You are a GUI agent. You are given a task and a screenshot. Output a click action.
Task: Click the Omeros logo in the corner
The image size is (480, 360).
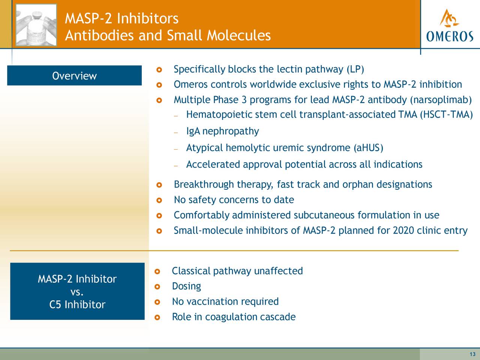(x=450, y=25)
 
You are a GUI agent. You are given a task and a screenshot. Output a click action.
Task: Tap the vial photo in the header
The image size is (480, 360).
(x=36, y=25)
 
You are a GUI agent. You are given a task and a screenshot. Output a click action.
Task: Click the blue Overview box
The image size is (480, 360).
(x=74, y=75)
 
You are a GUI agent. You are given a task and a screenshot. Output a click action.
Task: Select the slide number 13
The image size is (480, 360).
(x=472, y=354)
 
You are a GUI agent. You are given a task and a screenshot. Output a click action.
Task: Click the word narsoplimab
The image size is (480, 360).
(x=441, y=100)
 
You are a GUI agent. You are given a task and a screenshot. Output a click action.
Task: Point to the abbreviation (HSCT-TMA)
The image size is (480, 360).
(x=446, y=114)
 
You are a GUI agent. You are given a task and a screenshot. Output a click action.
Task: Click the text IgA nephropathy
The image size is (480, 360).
(x=222, y=131)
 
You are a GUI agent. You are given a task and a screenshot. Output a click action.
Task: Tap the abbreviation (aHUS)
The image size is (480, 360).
(x=369, y=148)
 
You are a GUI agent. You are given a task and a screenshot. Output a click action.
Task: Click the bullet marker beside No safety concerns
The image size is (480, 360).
(x=159, y=200)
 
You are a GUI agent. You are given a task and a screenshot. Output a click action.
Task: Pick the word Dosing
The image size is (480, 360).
(x=186, y=286)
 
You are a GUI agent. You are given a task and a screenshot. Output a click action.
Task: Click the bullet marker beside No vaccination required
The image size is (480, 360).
(x=157, y=302)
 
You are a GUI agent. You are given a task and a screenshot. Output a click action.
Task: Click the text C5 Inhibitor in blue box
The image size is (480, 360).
(x=77, y=304)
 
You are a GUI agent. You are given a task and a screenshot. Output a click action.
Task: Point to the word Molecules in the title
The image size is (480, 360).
(x=238, y=35)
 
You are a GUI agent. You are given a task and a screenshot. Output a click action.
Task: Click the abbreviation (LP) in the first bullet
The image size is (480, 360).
(x=355, y=69)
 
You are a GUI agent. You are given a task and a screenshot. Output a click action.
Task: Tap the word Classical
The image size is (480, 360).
(x=191, y=271)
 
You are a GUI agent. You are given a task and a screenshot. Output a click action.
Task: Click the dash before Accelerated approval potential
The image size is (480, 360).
(x=176, y=166)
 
